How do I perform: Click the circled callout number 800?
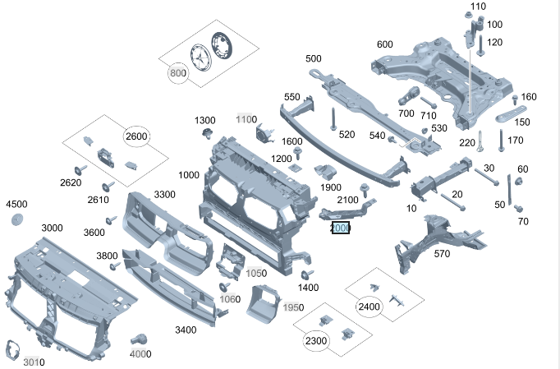pyautogui.click(x=178, y=73)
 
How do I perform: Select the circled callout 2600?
pyautogui.click(x=137, y=136)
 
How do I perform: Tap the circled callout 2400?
pyautogui.click(x=370, y=307)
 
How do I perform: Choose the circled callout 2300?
pyautogui.click(x=316, y=340)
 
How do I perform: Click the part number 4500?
pyautogui.click(x=16, y=204)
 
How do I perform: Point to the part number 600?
pyautogui.click(x=385, y=44)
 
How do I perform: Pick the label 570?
pyautogui.click(x=442, y=254)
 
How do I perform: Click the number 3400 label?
pyautogui.click(x=186, y=330)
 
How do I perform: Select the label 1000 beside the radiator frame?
pyautogui.click(x=188, y=175)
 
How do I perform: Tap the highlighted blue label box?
pyautogui.click(x=340, y=228)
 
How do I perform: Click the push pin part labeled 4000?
pyautogui.click(x=140, y=339)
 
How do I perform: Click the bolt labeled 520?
pyautogui.click(x=333, y=121)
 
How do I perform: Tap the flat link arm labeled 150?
pyautogui.click(x=510, y=113)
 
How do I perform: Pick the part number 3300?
pyautogui.click(x=164, y=194)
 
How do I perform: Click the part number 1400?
pyautogui.click(x=309, y=288)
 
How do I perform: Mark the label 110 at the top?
pyautogui.click(x=479, y=7)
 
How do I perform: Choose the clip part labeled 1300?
pyautogui.click(x=205, y=135)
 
